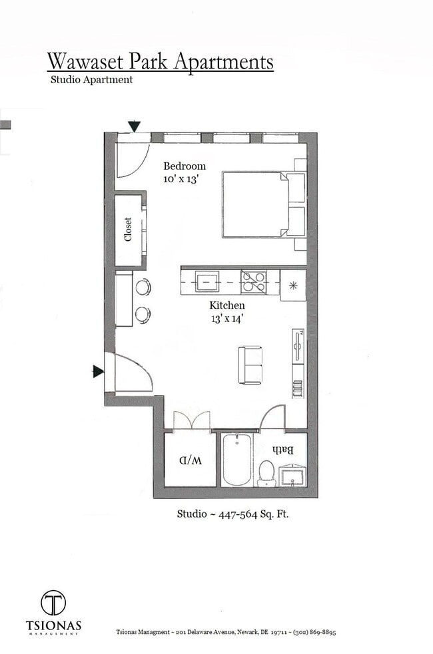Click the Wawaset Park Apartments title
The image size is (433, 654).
coord(160,62)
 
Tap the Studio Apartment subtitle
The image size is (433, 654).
coord(91,80)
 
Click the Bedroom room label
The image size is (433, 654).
coord(185,166)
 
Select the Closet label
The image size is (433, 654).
coord(128,230)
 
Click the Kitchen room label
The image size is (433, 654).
coord(227,305)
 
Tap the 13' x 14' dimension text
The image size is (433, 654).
coord(227,318)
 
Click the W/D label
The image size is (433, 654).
coord(191,460)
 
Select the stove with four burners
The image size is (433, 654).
coord(254,282)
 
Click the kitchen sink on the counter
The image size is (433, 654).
coord(207,281)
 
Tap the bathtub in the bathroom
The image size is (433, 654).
coord(236,460)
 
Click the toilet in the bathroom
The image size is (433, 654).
coord(267,472)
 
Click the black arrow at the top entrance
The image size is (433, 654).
coord(135,126)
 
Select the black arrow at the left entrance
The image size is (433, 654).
coord(98,371)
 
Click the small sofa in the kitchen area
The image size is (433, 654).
coord(250,365)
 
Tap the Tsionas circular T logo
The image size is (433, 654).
coord(53,603)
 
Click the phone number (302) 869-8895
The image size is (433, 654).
coord(312,632)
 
